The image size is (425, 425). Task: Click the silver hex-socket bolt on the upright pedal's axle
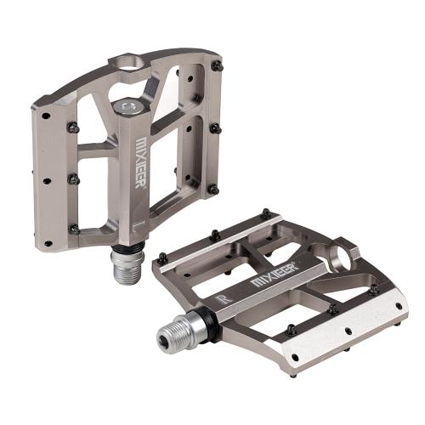[128, 107]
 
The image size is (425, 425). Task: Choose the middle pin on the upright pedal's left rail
[73, 179]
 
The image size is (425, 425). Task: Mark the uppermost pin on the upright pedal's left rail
[72, 128]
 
